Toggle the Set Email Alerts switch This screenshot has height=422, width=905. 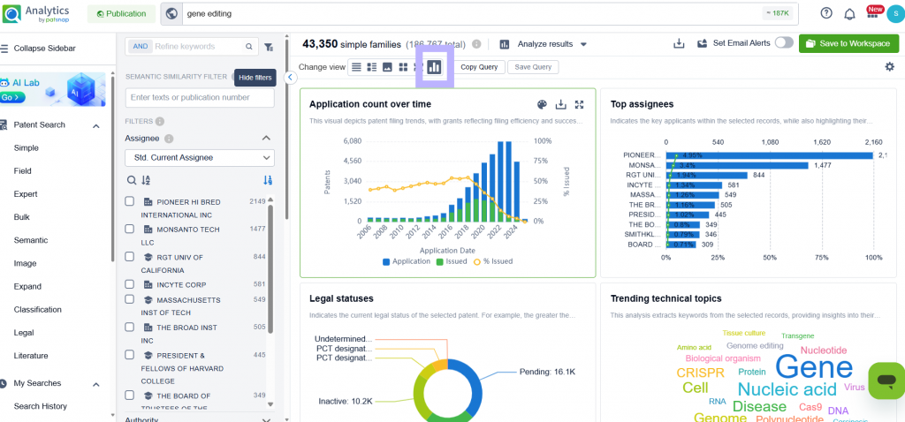click(x=783, y=43)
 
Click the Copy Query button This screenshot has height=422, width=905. click(x=479, y=67)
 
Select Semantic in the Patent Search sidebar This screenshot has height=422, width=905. click(x=31, y=240)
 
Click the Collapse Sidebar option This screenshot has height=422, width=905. click(x=44, y=48)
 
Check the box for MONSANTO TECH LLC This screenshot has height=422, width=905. click(x=130, y=229)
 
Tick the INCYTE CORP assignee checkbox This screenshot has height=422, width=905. click(x=130, y=284)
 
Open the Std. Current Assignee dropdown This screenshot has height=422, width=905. click(x=200, y=157)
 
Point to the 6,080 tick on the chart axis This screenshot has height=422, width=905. click(x=352, y=141)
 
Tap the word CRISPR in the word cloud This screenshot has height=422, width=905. click(x=700, y=373)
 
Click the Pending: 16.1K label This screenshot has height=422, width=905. click(x=547, y=372)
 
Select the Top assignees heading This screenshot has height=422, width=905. click(x=642, y=104)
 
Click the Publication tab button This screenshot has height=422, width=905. click(x=121, y=13)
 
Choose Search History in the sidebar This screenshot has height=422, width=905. click(x=40, y=406)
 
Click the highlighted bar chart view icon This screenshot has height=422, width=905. click(x=434, y=67)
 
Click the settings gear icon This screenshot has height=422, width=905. click(x=889, y=67)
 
